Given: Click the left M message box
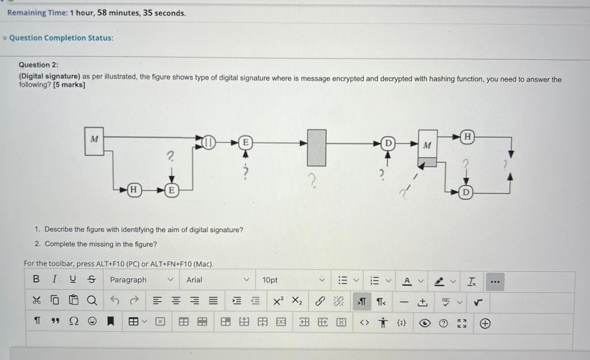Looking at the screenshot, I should [x=95, y=142].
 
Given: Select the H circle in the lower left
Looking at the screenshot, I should [x=133, y=189].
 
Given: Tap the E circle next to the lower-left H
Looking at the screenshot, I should [x=171, y=189].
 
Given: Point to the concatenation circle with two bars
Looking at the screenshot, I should [x=209, y=142].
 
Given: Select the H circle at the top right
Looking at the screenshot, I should [x=468, y=137].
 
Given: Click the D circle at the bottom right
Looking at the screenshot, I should [x=464, y=192].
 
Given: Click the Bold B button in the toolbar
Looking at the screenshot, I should [x=36, y=280].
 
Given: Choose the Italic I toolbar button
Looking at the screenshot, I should [x=54, y=280].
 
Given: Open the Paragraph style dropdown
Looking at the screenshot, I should [x=141, y=280].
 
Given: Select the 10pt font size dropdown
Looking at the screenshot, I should [x=294, y=280].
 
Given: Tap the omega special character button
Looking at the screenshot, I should [x=73, y=323].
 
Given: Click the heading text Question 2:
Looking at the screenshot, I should [x=39, y=65].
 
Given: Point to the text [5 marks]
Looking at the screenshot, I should [x=69, y=85].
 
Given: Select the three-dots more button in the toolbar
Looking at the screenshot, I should [x=494, y=282].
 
